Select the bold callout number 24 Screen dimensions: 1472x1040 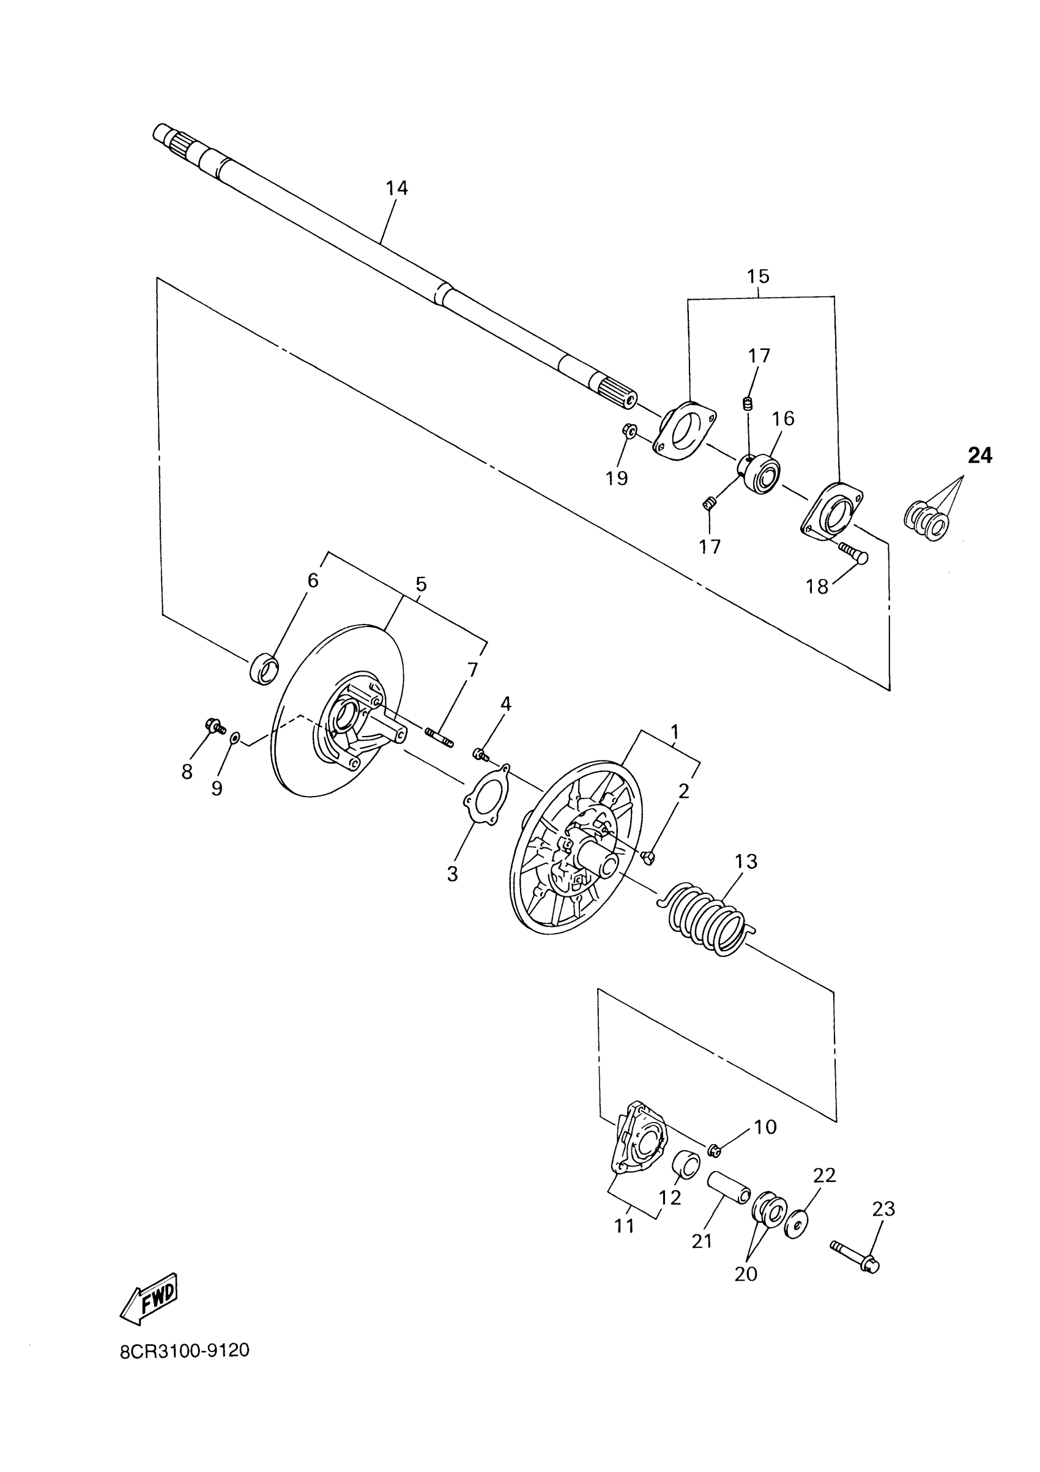[979, 456]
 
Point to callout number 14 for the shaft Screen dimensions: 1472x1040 [397, 188]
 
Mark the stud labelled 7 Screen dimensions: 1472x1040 [439, 736]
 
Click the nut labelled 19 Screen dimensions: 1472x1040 [628, 429]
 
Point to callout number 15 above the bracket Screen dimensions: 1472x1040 [758, 277]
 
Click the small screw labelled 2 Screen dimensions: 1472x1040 [647, 857]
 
